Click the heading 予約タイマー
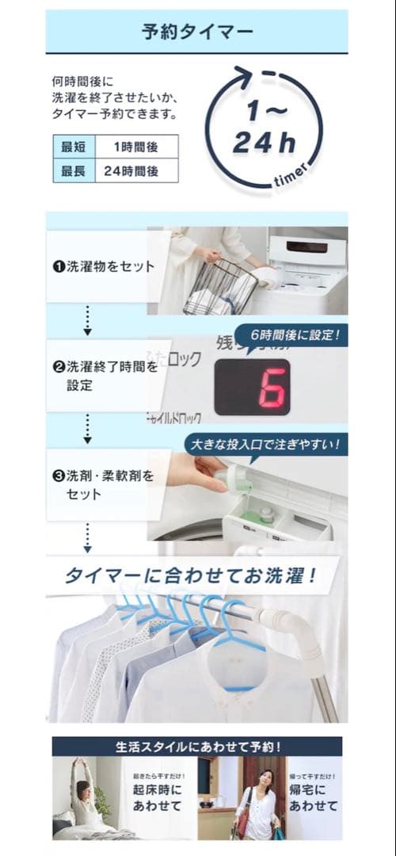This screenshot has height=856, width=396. (x=197, y=32)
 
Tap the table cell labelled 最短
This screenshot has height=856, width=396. (x=74, y=147)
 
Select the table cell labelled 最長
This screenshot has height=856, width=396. (x=74, y=170)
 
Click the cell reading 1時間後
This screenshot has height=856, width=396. (x=135, y=147)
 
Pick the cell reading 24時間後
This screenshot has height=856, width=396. (x=135, y=170)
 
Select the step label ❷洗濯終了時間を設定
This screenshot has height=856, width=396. (x=103, y=376)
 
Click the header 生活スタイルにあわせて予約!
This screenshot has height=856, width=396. (x=197, y=747)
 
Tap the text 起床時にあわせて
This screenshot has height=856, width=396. (x=156, y=797)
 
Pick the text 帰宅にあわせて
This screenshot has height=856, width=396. (x=312, y=797)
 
